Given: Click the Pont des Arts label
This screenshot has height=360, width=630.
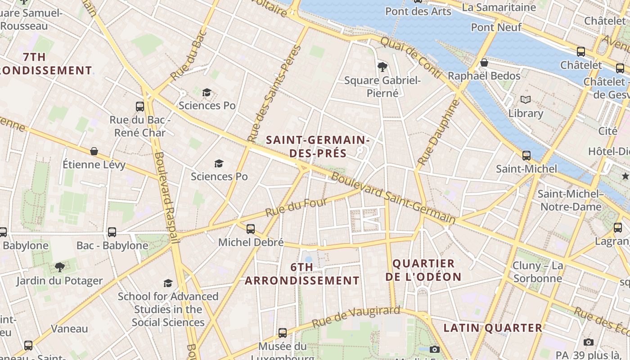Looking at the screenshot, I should [x=418, y=12].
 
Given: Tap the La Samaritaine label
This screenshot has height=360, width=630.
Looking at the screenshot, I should [x=499, y=7].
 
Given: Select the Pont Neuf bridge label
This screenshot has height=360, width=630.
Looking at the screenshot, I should [x=496, y=27].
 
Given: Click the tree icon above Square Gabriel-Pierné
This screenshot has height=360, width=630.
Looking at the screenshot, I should [x=382, y=67].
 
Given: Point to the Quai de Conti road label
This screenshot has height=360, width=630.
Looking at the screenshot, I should [x=411, y=58].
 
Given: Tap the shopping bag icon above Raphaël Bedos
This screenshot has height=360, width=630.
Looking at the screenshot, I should [x=484, y=63].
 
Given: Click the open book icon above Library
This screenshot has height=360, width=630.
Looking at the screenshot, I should [x=526, y=100].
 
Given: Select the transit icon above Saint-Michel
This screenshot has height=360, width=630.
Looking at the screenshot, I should [x=526, y=156].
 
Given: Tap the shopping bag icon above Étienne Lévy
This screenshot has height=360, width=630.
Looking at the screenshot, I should [x=94, y=151].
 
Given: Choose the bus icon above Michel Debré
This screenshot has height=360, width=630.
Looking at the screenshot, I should [x=251, y=229].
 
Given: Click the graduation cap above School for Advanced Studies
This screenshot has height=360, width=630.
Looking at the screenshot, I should [x=168, y=283].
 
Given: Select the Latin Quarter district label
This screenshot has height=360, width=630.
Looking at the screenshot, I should [x=493, y=328].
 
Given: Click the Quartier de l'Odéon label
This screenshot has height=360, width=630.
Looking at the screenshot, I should [x=423, y=270].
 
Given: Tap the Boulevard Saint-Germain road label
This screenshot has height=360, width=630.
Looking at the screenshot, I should [x=393, y=198].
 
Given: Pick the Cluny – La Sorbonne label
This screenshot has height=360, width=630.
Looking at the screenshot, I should [x=538, y=272].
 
